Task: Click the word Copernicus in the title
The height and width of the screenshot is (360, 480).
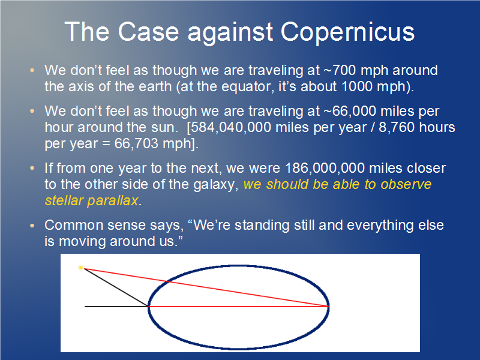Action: (347, 32)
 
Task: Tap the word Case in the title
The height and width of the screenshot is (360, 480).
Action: (148, 32)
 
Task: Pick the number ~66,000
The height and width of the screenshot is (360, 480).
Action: (350, 112)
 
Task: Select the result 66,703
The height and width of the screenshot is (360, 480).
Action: (137, 144)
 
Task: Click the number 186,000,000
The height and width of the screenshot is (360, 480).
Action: (325, 169)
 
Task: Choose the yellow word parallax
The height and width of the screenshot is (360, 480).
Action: (113, 201)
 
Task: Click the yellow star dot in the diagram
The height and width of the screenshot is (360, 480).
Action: (81, 268)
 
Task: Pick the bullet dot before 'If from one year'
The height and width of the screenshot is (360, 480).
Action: (32, 168)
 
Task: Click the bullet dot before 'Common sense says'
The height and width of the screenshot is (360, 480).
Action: (32, 226)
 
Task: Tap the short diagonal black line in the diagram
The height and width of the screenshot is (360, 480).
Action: (116, 287)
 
